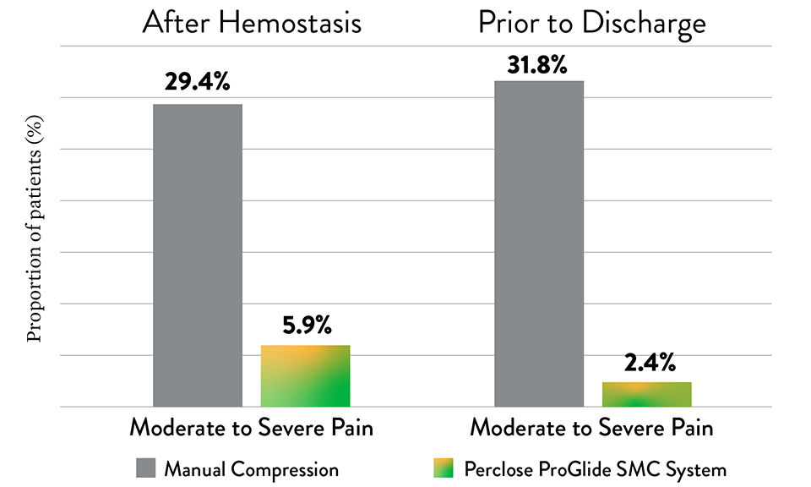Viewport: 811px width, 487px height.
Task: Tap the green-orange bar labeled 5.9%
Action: pyautogui.click(x=305, y=376)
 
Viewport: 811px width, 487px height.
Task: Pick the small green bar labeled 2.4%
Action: pyautogui.click(x=646, y=394)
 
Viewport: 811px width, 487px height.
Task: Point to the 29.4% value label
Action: pyautogui.click(x=198, y=83)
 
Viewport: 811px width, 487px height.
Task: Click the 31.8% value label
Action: pyautogui.click(x=537, y=64)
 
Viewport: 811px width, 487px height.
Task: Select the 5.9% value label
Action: pyautogui.click(x=305, y=325)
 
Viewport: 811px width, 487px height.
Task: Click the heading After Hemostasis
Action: pyautogui.click(x=251, y=23)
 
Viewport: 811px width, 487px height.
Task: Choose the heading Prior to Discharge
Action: pyautogui.click(x=591, y=23)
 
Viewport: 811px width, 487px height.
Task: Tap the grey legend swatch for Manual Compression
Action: pyautogui.click(x=144, y=468)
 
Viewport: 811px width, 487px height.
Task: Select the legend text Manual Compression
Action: pyautogui.click(x=252, y=468)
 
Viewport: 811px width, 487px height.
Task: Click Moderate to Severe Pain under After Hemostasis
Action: pyautogui.click(x=251, y=428)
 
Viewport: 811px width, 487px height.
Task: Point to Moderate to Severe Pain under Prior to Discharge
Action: pyautogui.click(x=591, y=428)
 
